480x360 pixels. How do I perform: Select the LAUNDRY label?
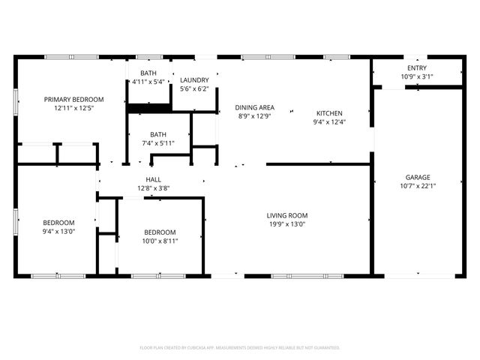[194, 79]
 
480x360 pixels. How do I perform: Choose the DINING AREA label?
[254, 107]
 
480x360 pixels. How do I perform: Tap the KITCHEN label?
[329, 113]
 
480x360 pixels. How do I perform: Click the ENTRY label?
[416, 67]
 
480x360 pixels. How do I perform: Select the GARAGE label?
[418, 178]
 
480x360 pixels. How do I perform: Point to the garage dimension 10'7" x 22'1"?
[418, 187]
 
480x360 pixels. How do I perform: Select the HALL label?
[153, 179]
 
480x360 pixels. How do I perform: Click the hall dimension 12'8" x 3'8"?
[153, 188]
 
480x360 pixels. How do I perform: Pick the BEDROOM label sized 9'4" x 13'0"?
[58, 222]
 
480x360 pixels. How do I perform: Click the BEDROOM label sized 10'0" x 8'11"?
[160, 232]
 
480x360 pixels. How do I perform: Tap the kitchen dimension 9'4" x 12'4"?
[329, 122]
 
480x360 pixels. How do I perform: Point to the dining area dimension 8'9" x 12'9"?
[254, 116]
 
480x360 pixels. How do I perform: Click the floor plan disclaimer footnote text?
[240, 348]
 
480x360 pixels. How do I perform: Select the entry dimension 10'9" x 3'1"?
[416, 76]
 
